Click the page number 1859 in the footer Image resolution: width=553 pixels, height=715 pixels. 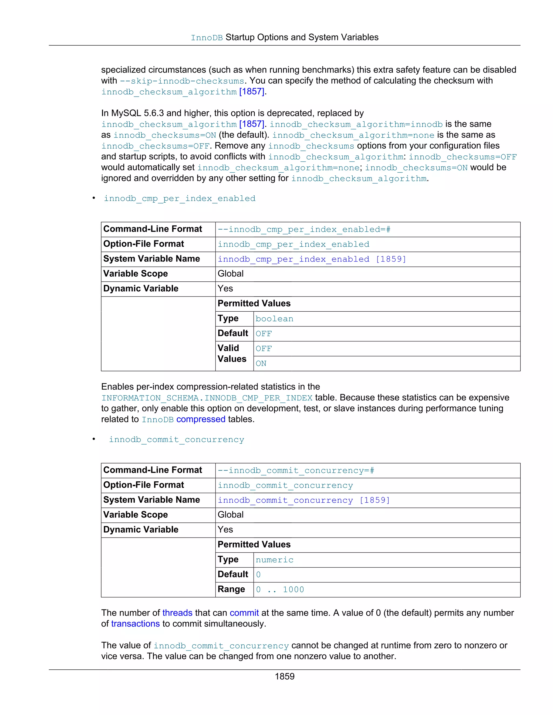pos(284,676)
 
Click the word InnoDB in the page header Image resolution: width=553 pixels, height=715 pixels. pos(207,38)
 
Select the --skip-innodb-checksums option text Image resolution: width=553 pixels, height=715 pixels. pos(182,81)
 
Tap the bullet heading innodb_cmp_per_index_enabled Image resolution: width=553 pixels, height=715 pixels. pos(180,198)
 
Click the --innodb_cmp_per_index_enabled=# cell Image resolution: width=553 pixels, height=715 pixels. pos(304,230)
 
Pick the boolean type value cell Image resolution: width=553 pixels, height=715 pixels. pos(275,319)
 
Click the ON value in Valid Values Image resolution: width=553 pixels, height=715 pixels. pos(261,363)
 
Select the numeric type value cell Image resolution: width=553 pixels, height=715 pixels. pos(275,560)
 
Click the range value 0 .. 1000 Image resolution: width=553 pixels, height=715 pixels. pos(280,590)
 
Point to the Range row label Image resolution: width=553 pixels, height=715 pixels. pos(231,589)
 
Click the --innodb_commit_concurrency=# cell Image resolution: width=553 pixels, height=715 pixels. pos(296,471)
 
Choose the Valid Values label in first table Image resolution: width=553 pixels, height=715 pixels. pos(232,353)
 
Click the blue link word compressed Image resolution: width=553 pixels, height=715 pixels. pos(201,419)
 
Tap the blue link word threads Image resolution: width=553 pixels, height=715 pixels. pos(177,613)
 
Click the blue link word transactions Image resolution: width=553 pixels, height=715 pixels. pos(135,624)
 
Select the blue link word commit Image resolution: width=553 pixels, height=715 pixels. pos(244,613)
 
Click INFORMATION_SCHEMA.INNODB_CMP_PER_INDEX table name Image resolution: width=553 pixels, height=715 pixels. pos(207,398)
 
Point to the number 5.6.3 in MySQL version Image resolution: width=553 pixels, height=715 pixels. pos(154,113)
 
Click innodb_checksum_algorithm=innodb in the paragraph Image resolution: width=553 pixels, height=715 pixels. pos(356,124)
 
